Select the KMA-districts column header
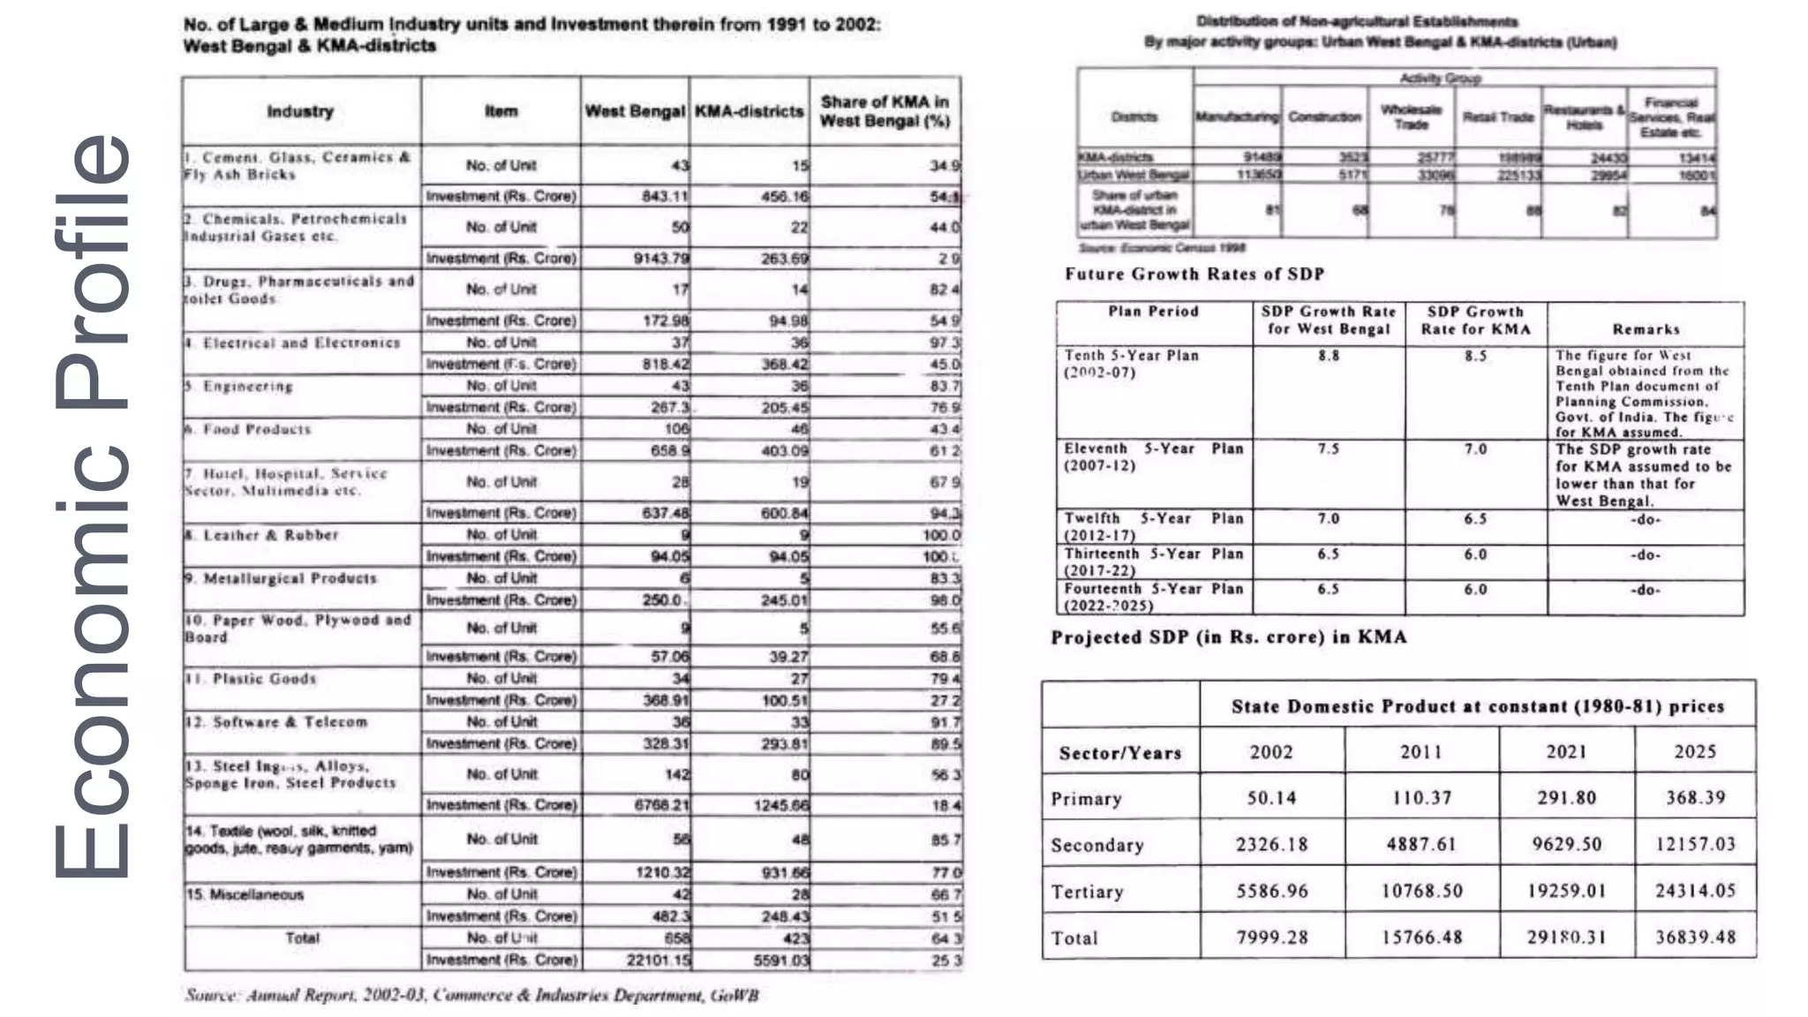click(749, 112)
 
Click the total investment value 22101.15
click(659, 960)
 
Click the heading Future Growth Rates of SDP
click(1194, 274)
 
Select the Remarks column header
click(1646, 329)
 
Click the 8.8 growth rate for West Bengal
click(1329, 356)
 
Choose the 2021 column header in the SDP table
click(1566, 751)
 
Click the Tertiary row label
click(1087, 892)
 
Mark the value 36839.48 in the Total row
click(1695, 937)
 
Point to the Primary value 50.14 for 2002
click(1271, 798)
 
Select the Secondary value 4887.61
click(1421, 844)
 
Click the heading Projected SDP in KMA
click(1229, 637)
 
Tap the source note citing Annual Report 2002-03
click(471, 996)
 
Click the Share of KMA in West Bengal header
click(885, 111)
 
